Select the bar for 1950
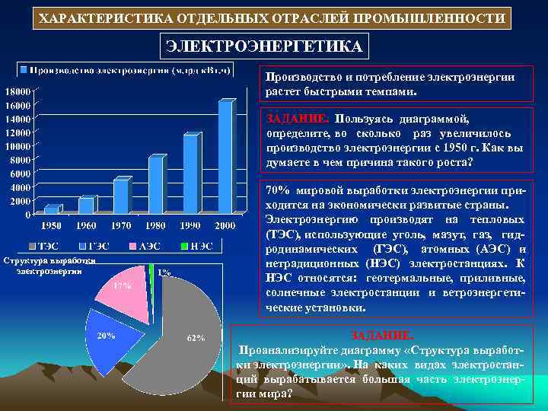[51, 209]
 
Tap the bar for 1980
[155, 184]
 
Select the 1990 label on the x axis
[190, 226]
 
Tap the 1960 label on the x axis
[86, 226]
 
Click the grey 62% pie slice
[183, 335]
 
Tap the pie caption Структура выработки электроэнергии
[49, 265]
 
